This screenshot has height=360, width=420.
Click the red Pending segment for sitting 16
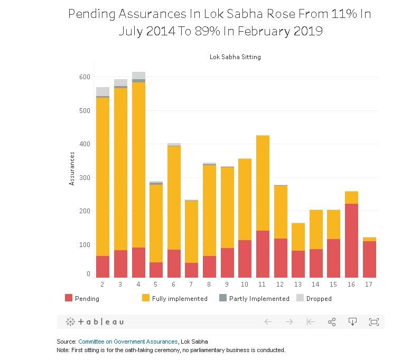pos(351,240)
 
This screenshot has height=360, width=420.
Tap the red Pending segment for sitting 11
pos(263,254)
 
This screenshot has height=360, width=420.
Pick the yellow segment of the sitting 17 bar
pos(369,239)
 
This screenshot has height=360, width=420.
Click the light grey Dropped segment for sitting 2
pos(102,91)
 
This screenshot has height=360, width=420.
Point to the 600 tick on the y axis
pos(83,77)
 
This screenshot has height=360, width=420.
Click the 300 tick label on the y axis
pos(83,177)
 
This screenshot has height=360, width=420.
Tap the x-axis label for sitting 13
pos(298,284)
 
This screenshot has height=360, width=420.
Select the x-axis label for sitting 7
pos(191,284)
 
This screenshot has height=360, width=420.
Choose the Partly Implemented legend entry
pos(269,298)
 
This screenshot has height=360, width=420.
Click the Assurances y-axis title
pos(72,168)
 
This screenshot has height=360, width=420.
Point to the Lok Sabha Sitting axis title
pos(235,57)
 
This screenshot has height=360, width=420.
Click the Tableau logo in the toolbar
pos(95,321)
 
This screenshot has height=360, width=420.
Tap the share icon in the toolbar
pos(332,321)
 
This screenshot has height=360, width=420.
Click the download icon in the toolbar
pos(353,321)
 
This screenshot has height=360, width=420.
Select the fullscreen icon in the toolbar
pos(374,321)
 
